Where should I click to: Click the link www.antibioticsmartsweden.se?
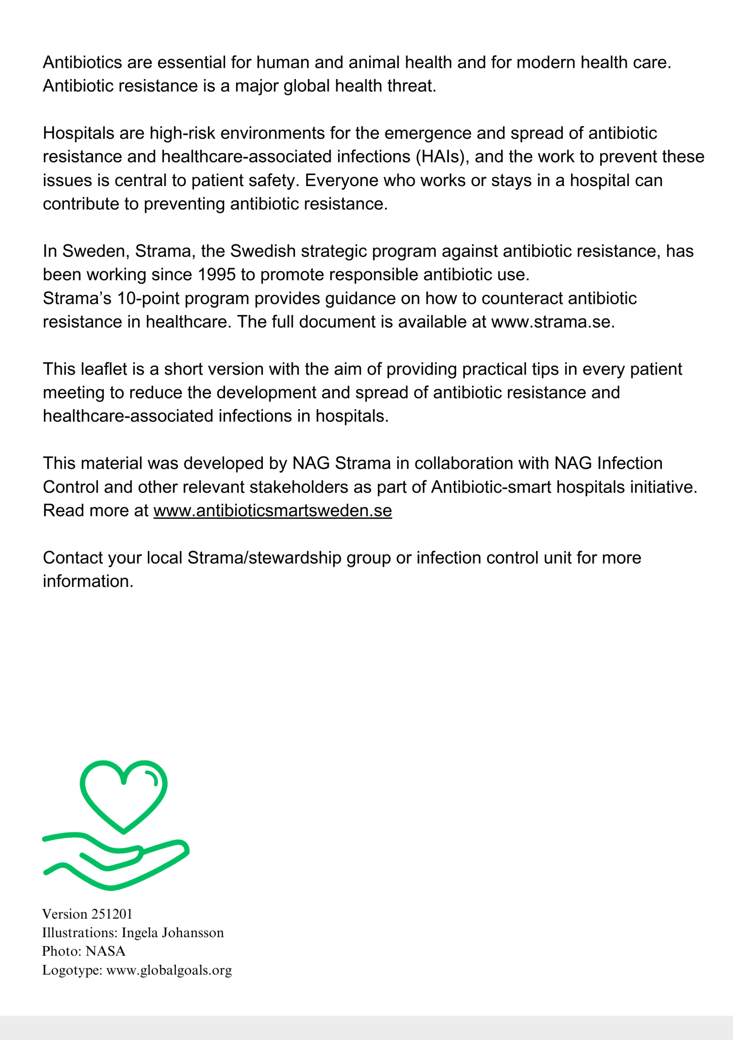click(x=272, y=511)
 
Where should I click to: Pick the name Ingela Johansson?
click(x=173, y=933)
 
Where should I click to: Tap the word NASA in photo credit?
click(x=105, y=951)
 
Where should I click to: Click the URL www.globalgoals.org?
click(x=169, y=970)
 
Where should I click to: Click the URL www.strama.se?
click(x=553, y=322)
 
